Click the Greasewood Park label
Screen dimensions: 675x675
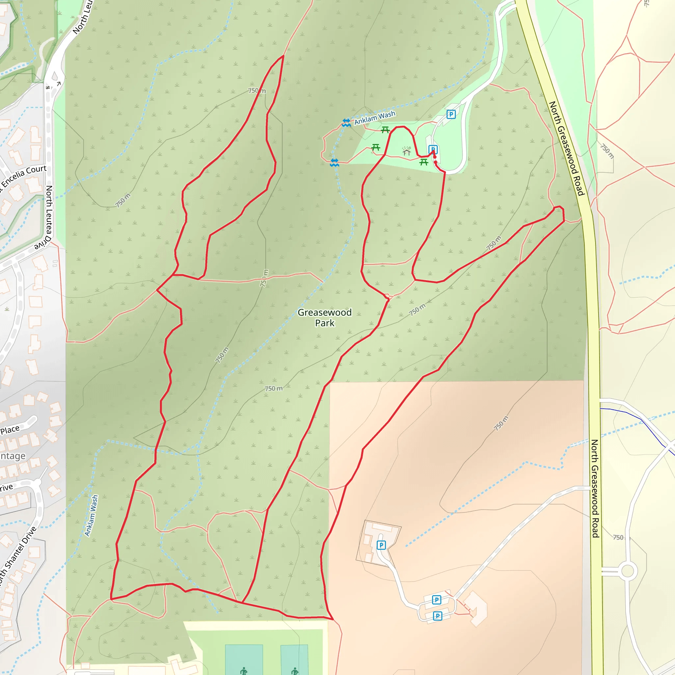tap(325, 318)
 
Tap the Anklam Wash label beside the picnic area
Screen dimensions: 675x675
tap(374, 118)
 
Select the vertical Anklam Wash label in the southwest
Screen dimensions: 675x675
tap(92, 515)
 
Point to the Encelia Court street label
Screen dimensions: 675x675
tap(24, 176)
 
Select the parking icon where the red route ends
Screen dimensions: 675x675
tap(433, 150)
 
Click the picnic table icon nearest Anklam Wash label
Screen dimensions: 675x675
tap(385, 130)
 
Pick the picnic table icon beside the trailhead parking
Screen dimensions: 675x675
tap(424, 162)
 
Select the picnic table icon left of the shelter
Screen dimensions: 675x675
tap(376, 147)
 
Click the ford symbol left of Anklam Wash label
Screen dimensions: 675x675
tap(346, 123)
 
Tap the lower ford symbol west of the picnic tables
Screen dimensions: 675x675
tap(334, 162)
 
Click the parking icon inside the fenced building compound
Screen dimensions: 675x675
tap(381, 545)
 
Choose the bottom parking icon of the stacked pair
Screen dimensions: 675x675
tap(437, 616)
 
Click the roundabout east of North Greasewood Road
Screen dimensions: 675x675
tap(628, 571)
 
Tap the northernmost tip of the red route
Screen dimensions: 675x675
tap(283, 56)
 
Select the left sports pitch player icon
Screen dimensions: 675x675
tap(244, 671)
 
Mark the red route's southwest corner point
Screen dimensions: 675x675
tap(111, 599)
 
